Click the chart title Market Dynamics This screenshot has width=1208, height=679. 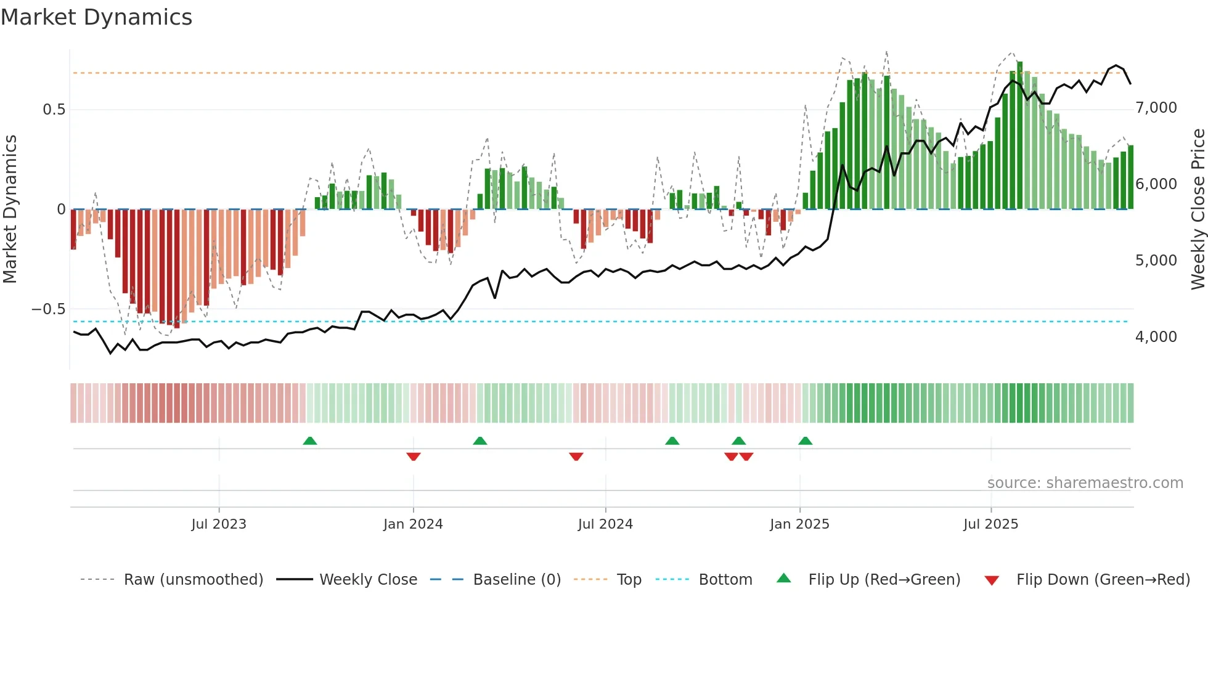pos(96,17)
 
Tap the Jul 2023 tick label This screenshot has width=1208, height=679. pos(219,524)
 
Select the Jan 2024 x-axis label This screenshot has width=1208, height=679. pos(413,524)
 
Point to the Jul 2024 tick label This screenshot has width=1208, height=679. pos(605,524)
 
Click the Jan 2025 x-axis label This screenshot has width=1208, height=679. pos(799,524)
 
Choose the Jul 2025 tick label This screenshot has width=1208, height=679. pos(991,524)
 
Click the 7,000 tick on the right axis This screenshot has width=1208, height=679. pos(1156,108)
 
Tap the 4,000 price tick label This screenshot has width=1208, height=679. pos(1156,337)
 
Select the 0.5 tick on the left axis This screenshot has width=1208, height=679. pos(54,110)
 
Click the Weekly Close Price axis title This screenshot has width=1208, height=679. pos(1198,209)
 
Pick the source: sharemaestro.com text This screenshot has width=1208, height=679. pos(1085,483)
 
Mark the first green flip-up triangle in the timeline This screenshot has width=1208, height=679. pos(310,441)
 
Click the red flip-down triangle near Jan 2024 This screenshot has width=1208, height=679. pos(414,456)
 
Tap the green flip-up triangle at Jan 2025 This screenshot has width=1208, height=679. pos(805,441)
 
